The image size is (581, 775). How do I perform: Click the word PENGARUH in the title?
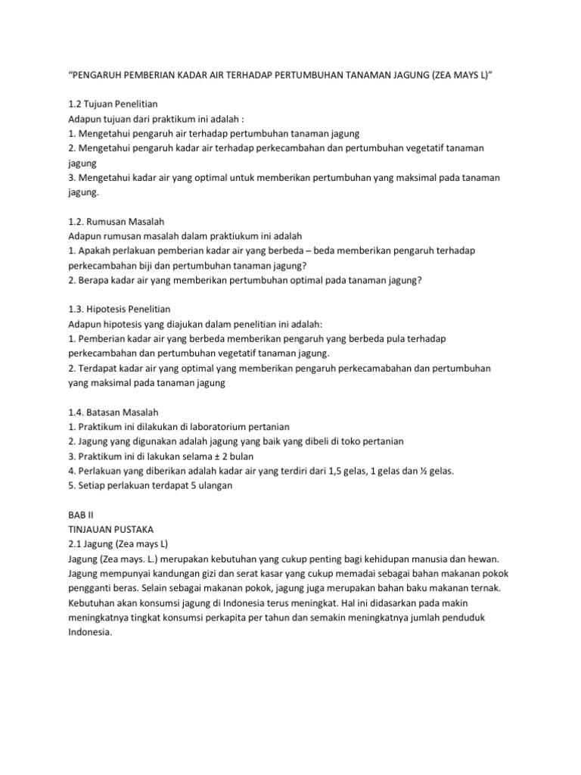[x=101, y=76]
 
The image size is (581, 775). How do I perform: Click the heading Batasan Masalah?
[x=119, y=412]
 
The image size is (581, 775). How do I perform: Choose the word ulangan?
[x=213, y=486]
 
